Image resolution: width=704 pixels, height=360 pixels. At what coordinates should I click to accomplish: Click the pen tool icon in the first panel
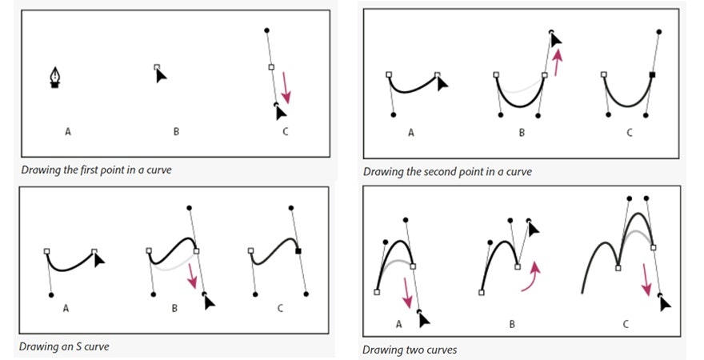pos(54,77)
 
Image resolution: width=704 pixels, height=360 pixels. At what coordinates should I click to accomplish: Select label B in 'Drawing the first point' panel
pos(176,131)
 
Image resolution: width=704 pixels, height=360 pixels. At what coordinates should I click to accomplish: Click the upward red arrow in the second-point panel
pos(558,58)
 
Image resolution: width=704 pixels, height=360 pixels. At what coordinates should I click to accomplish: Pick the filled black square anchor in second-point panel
pos(653,75)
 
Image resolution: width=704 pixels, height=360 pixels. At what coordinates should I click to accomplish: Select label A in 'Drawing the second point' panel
pos(411,133)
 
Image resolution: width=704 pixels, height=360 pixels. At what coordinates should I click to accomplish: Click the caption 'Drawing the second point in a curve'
pos(448,171)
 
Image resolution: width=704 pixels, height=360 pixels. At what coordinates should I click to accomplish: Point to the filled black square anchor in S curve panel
pos(298,251)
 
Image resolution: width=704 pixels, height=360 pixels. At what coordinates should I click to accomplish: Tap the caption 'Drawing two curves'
pos(410,350)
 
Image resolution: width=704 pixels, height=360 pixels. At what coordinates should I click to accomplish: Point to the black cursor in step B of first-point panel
pos(161,74)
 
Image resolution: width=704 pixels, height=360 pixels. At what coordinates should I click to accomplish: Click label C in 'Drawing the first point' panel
pos(285,131)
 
